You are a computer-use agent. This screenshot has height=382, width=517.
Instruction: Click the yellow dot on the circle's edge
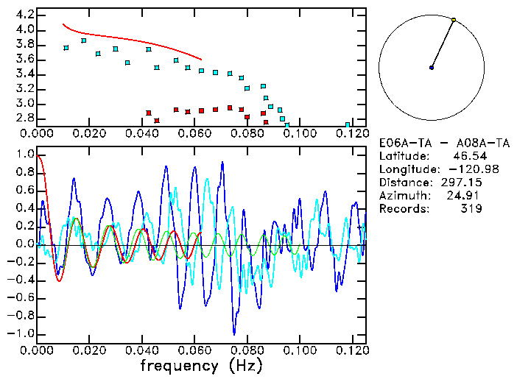(454, 20)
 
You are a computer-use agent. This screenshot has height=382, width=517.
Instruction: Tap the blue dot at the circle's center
(432, 68)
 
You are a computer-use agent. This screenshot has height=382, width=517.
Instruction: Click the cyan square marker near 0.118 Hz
(348, 124)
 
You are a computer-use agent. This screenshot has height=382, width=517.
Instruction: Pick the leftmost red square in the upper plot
(149, 113)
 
